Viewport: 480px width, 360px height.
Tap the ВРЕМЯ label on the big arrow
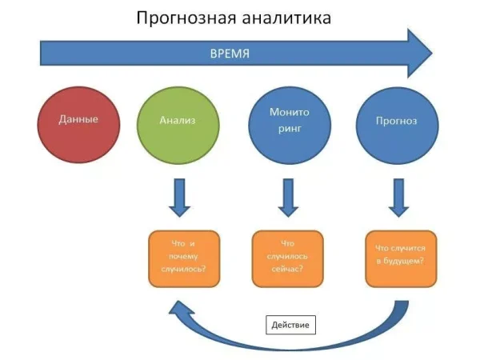(x=230, y=54)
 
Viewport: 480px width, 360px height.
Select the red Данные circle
(x=78, y=122)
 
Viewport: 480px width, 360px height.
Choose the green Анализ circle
(x=178, y=122)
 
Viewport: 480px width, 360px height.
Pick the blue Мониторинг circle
(x=287, y=122)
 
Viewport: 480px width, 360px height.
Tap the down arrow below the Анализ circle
(x=179, y=197)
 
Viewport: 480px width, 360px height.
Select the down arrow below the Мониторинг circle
(x=286, y=197)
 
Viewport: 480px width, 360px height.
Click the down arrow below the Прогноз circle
(x=398, y=197)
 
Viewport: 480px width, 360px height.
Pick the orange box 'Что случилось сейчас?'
(x=287, y=258)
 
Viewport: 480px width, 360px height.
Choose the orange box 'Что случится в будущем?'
(x=400, y=258)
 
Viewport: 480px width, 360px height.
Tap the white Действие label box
(x=291, y=324)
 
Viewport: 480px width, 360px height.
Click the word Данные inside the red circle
(x=78, y=120)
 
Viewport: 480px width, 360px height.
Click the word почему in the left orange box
(x=183, y=257)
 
